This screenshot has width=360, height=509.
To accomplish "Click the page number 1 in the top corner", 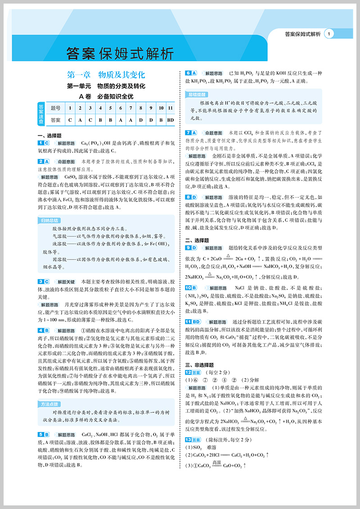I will [330, 34].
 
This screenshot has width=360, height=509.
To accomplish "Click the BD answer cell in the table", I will [170, 120].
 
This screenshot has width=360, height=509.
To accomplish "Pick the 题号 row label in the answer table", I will [56, 108].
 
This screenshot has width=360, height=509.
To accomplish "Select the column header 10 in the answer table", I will [160, 108].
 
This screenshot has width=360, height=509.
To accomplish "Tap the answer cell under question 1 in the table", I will [70, 120].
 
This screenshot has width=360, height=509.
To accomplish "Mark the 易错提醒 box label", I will [195, 94].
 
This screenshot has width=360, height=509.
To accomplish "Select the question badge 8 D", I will [191, 197].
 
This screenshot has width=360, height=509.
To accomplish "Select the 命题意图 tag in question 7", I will [214, 133].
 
